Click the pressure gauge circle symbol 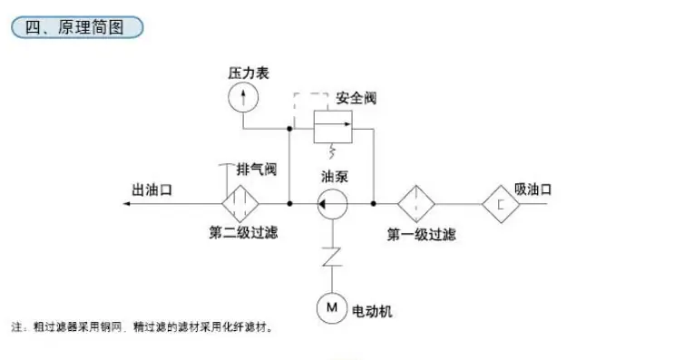pos(243,83)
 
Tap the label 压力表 pos(249,73)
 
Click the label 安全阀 pos(356,98)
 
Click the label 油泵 pos(335,177)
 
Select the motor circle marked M pos(331,293)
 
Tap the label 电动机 pos(372,311)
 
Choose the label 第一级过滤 pos(422,235)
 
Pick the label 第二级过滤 pos(243,232)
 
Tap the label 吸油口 pos(533,190)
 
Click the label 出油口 pos(151,190)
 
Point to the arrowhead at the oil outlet pos(126,203)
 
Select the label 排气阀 pos(257,169)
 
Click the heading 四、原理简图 pos(74,27)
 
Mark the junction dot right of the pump pos(374,203)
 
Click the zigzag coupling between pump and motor pos(332,257)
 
